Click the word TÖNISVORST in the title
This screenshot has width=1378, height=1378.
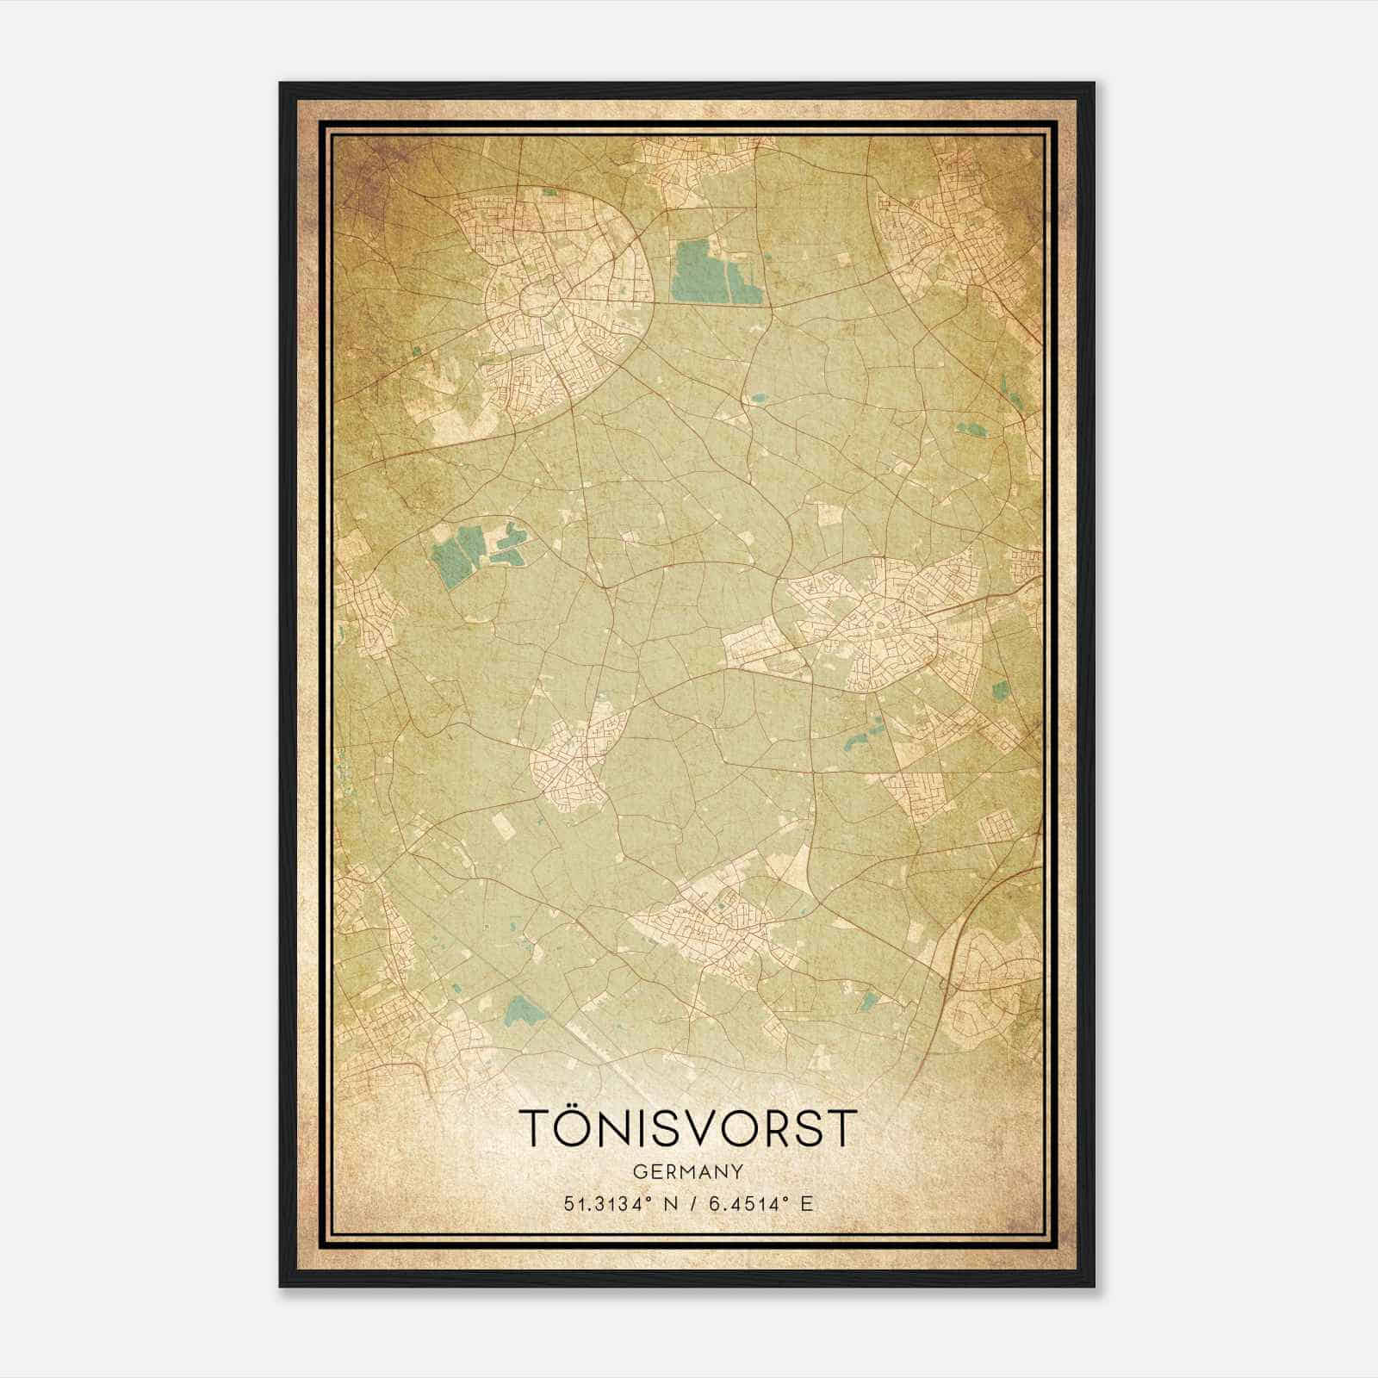(x=688, y=1128)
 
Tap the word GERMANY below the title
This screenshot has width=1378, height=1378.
(x=688, y=1172)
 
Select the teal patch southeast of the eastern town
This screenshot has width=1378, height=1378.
(x=1001, y=689)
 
